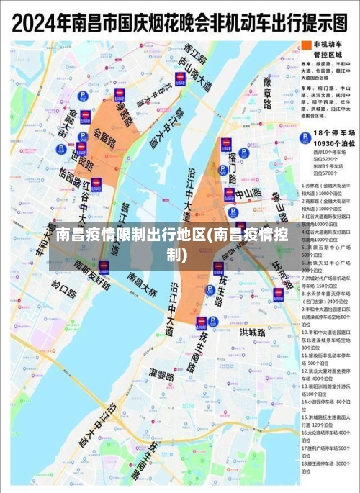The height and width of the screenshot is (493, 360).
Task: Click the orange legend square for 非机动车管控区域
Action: click(x=304, y=45)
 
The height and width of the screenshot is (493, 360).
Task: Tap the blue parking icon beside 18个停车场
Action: click(x=305, y=136)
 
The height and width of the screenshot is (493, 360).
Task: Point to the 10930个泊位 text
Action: click(x=328, y=144)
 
